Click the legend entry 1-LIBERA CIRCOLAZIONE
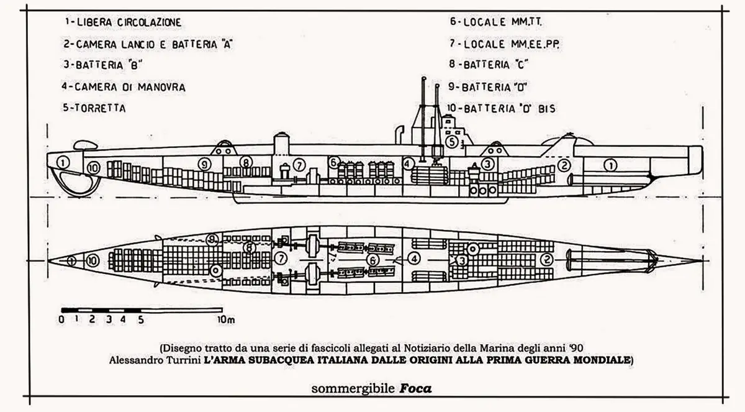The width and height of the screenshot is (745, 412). tap(122, 22)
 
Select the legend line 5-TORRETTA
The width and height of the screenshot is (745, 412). tap(95, 108)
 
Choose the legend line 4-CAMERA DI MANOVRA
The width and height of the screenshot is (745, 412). tap(124, 86)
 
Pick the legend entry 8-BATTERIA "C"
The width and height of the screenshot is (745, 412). tap(488, 65)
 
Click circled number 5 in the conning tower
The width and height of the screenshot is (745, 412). tap(452, 142)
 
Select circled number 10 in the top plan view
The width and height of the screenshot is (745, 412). tap(92, 261)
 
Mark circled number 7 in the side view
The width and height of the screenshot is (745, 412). tap(299, 165)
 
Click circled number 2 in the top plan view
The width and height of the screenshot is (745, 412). tap(547, 260)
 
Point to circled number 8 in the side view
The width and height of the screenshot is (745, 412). tap(246, 163)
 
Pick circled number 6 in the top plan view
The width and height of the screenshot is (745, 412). tap(372, 260)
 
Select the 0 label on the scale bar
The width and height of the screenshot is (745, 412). tap(61, 320)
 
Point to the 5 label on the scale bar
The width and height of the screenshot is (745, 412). tap(142, 320)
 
